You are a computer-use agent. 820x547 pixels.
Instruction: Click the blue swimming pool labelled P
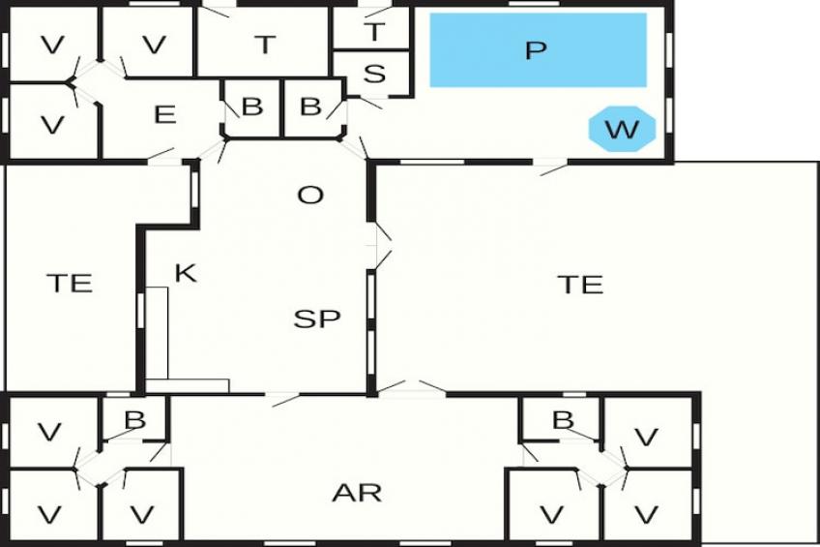[x=538, y=49]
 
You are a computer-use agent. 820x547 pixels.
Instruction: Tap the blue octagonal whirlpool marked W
[x=623, y=129]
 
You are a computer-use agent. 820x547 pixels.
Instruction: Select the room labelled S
[x=374, y=73]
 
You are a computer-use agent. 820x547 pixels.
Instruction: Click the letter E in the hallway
[x=164, y=114]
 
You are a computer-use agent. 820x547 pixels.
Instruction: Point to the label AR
[x=357, y=493]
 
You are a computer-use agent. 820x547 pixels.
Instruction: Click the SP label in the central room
[x=317, y=319]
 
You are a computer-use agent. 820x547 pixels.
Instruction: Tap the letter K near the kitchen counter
[x=185, y=273]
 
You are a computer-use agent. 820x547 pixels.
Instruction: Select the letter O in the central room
[x=309, y=196]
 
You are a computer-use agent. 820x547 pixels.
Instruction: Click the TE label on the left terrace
[x=70, y=283]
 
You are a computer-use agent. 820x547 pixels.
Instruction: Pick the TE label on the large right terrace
[x=580, y=284]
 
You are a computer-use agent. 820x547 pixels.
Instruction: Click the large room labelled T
[x=265, y=44]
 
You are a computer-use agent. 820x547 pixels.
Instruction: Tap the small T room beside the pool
[x=374, y=31]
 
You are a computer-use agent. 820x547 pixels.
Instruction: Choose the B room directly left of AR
[x=135, y=419]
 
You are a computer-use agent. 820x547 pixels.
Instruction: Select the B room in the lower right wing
[x=563, y=419]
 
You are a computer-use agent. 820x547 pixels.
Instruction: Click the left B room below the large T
[x=251, y=106]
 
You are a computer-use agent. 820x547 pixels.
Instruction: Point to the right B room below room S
[x=310, y=106]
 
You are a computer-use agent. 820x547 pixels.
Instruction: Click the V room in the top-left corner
[x=52, y=45]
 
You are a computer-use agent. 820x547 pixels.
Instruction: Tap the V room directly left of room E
[x=52, y=124]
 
